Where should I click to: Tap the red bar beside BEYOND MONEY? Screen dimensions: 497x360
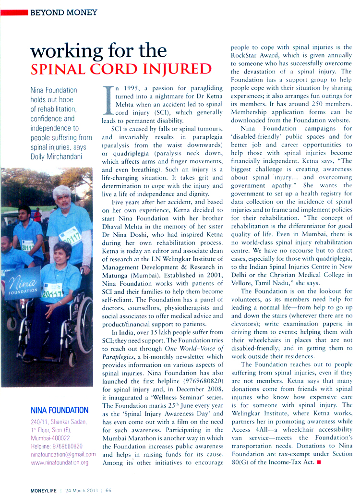click(14, 12)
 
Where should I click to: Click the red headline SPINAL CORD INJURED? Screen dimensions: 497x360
click(121, 68)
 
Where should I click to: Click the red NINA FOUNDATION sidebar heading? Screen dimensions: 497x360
click(60, 411)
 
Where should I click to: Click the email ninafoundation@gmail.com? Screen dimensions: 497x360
click(63, 454)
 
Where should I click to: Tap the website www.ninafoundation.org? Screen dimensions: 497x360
click(60, 462)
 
